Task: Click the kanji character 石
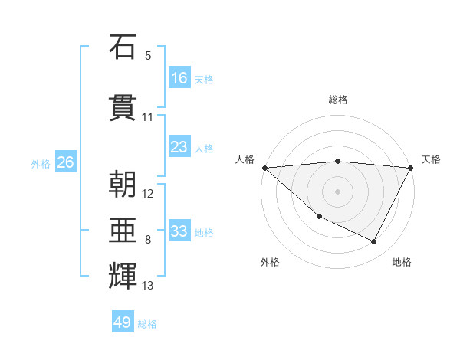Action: point(123,48)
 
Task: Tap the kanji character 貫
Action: point(123,110)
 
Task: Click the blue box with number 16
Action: point(179,78)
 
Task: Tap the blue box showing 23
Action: point(179,147)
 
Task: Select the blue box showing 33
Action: point(179,231)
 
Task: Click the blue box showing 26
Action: point(65,162)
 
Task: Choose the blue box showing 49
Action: point(123,322)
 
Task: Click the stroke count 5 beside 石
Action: point(148,56)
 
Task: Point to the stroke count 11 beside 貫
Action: point(148,117)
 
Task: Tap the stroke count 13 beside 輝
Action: point(148,286)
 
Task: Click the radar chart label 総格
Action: point(338,100)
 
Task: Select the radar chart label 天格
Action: point(432,159)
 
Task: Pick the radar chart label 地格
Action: point(402,262)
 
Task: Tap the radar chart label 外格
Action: point(270,262)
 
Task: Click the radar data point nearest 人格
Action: point(264,168)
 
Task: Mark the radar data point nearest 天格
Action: point(411,168)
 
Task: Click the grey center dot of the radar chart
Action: point(337,191)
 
